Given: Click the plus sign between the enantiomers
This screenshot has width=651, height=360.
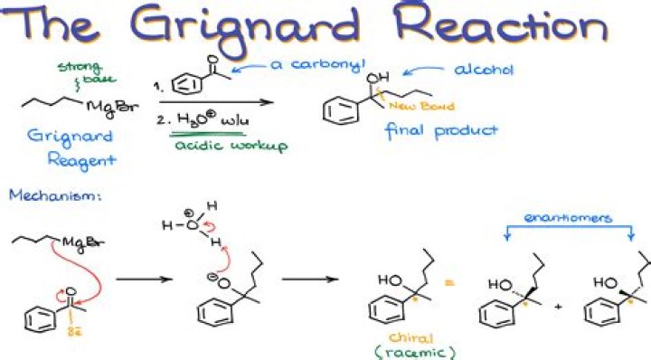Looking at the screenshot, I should [557, 307].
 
